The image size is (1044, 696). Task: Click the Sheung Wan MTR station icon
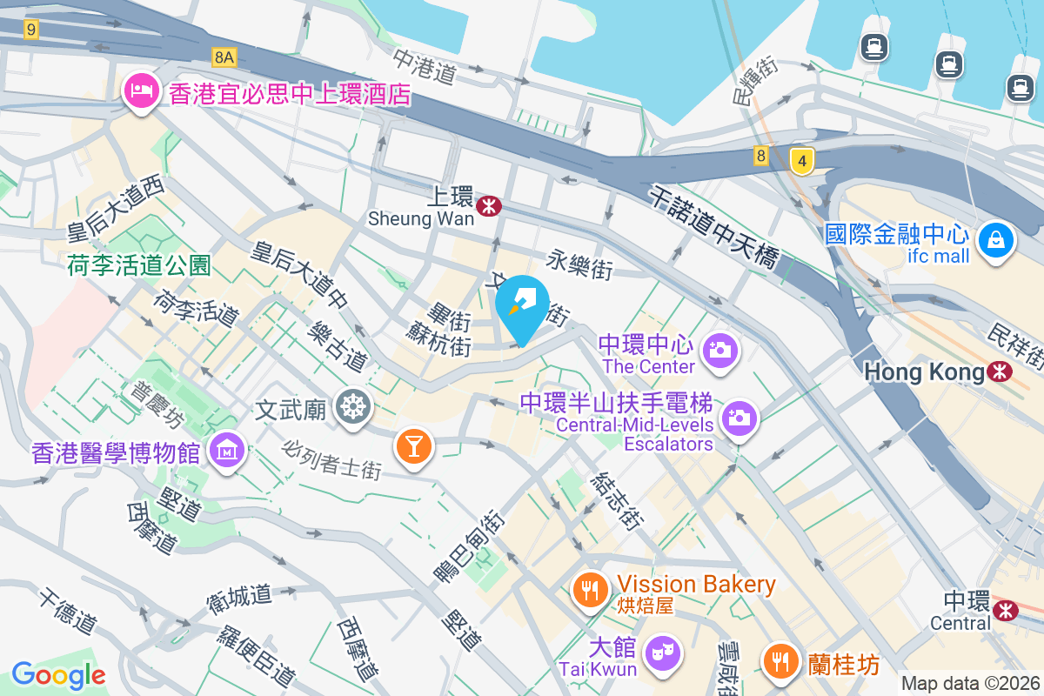pyautogui.click(x=491, y=206)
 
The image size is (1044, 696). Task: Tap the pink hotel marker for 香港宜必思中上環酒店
pyautogui.click(x=139, y=90)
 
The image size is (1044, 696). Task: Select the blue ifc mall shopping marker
pyautogui.click(x=994, y=239)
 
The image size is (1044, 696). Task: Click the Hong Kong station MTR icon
pyautogui.click(x=1000, y=372)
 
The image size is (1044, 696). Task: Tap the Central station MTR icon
pyautogui.click(x=1007, y=610)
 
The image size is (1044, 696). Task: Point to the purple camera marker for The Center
pyautogui.click(x=719, y=351)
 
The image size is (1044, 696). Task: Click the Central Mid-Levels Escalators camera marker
pyautogui.click(x=739, y=418)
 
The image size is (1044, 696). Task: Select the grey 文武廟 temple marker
pyautogui.click(x=351, y=406)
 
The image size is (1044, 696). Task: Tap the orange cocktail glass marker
pyautogui.click(x=412, y=446)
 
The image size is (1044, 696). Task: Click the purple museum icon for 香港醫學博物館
pyautogui.click(x=227, y=452)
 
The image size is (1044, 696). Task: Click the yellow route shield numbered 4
pyautogui.click(x=801, y=161)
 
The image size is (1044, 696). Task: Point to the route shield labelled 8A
pyautogui.click(x=224, y=57)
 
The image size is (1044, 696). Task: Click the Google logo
pyautogui.click(x=58, y=674)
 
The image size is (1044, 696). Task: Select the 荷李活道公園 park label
pyautogui.click(x=139, y=265)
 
